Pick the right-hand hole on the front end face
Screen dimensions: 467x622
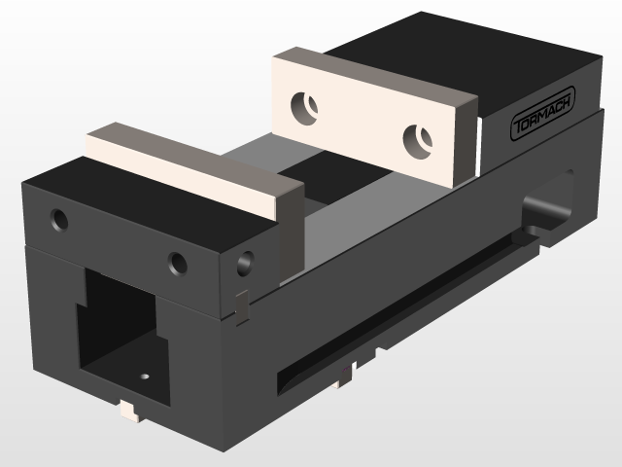click(177, 262)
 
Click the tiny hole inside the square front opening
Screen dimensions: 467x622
click(145, 374)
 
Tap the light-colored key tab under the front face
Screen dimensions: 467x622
click(128, 410)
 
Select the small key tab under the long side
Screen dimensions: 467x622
click(345, 374)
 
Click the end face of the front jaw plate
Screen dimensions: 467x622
click(291, 233)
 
